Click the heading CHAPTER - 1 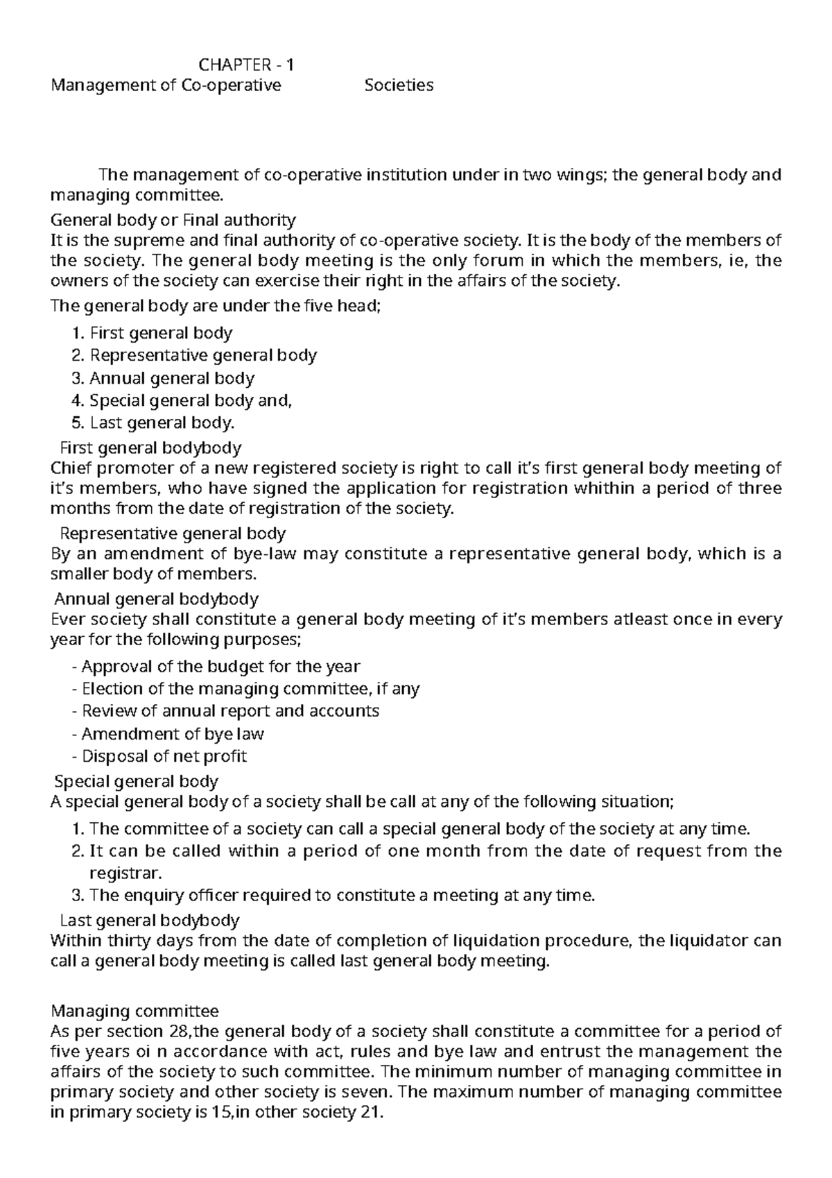coord(246,65)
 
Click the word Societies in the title coord(399,85)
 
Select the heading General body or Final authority coord(173,221)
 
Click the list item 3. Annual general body coord(163,379)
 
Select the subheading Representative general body coord(173,533)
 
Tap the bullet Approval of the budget coord(216,667)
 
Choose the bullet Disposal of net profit coord(159,756)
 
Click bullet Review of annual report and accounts coord(226,711)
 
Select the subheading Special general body coord(137,781)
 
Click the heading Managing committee coord(135,1011)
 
